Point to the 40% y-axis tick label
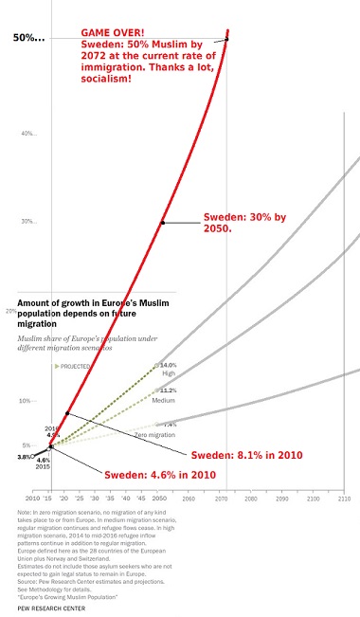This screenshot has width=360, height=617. coord(28,133)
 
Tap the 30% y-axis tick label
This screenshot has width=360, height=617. coord(28,222)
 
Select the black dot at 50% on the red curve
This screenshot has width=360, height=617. coord(226,39)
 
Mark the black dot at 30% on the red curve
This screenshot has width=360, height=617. coord(162,223)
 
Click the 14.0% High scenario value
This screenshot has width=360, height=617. coord(168,365)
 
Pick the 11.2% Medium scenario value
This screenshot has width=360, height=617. coord(168,390)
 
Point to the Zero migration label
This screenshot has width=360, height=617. coord(156,434)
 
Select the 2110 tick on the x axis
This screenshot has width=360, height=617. coord(343,498)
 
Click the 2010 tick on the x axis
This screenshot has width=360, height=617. coord(33,498)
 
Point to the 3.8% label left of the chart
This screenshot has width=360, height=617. coord(24,457)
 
